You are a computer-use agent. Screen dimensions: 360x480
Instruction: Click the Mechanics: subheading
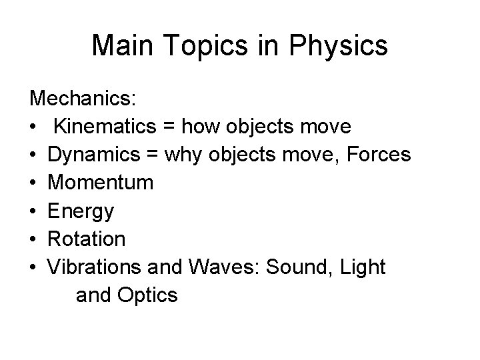coord(83,99)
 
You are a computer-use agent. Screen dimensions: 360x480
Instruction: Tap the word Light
coord(362,266)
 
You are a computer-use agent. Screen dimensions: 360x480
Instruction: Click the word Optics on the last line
coord(151,295)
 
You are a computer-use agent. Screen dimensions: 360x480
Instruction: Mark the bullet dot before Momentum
coord(33,183)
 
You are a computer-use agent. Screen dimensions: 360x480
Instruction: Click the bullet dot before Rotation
coord(33,239)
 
